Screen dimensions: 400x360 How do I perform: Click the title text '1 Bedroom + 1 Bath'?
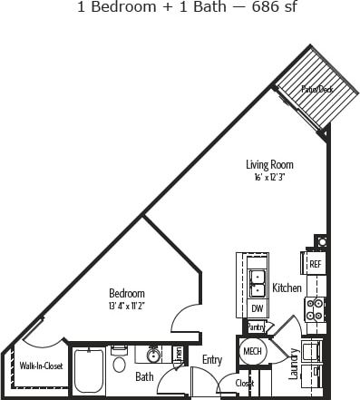tap(134, 8)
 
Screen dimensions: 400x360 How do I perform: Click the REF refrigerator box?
tap(316, 264)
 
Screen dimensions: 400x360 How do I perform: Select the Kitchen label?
tap(287, 288)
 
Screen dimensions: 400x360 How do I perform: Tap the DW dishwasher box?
tap(257, 308)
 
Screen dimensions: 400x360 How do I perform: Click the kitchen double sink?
tap(257, 278)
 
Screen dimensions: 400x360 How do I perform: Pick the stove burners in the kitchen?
tap(316, 309)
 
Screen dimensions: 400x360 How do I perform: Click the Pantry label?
tap(256, 327)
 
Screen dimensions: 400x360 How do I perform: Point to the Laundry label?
tap(294, 363)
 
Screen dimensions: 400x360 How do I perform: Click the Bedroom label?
tap(127, 294)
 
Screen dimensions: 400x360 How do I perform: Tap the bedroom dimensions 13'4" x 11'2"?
tap(127, 306)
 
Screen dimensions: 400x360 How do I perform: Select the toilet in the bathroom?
tap(120, 365)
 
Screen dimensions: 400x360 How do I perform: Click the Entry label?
tap(212, 360)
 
